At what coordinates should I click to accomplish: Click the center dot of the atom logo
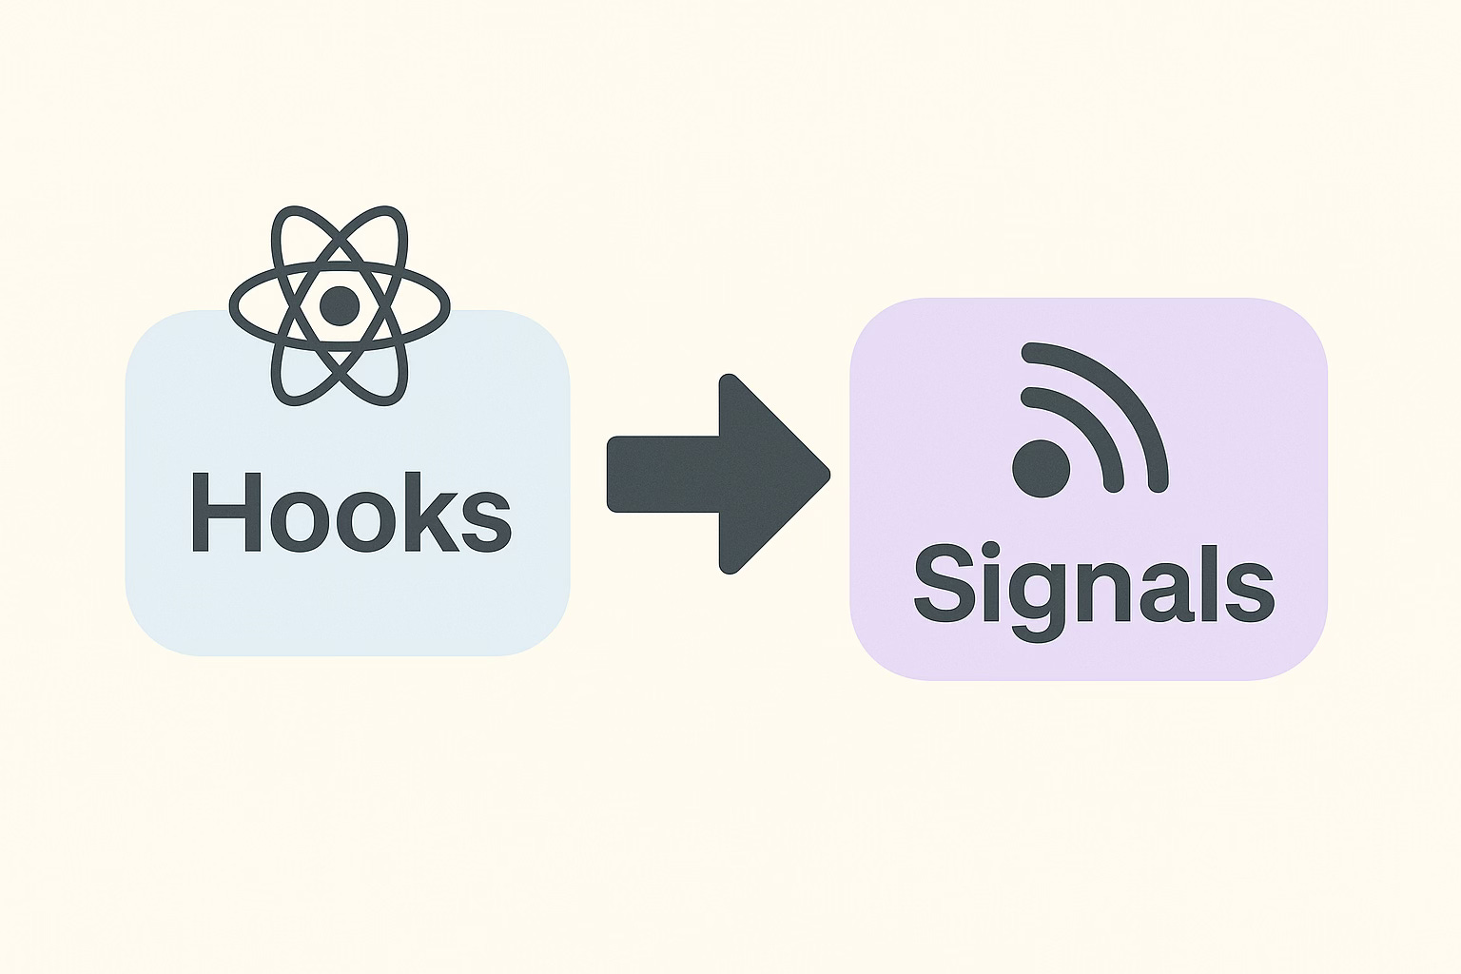[x=340, y=306]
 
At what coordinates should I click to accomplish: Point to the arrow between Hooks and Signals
[x=718, y=474]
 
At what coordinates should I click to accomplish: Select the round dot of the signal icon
[x=1041, y=468]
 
